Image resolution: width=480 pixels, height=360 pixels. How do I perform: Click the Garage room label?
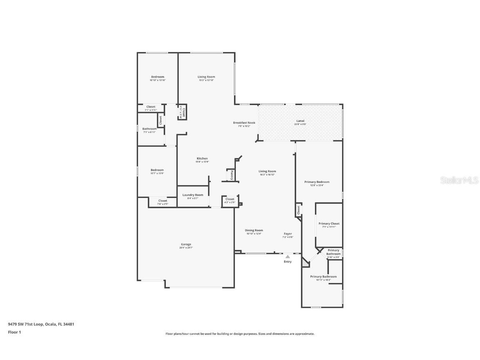click(x=186, y=244)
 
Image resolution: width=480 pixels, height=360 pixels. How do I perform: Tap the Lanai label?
click(x=300, y=121)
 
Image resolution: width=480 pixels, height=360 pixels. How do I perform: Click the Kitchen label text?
click(x=202, y=158)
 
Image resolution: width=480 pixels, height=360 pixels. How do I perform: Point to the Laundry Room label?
click(x=193, y=195)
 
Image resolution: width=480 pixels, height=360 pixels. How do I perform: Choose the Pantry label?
click(x=232, y=175)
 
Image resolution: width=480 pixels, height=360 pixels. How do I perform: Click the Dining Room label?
click(x=254, y=230)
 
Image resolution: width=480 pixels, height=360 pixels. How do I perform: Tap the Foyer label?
click(x=288, y=234)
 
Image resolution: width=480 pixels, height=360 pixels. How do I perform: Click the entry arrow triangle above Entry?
click(x=287, y=257)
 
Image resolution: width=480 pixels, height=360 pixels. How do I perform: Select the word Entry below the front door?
click(x=287, y=262)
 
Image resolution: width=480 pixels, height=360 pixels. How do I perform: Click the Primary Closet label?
click(x=329, y=224)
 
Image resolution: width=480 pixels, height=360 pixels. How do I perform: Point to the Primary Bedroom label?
click(x=317, y=182)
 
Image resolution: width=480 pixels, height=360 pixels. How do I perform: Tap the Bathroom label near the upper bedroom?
click(x=149, y=129)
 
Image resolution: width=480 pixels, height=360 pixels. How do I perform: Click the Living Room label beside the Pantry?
click(x=267, y=171)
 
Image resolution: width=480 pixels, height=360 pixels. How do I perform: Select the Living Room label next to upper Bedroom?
click(x=206, y=77)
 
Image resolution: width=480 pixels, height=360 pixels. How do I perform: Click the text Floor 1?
click(x=14, y=332)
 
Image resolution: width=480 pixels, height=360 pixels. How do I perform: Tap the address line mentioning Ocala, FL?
click(x=41, y=324)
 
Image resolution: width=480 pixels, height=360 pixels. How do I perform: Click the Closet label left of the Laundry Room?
click(x=162, y=201)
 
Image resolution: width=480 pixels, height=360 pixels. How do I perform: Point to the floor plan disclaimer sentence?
click(x=240, y=334)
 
